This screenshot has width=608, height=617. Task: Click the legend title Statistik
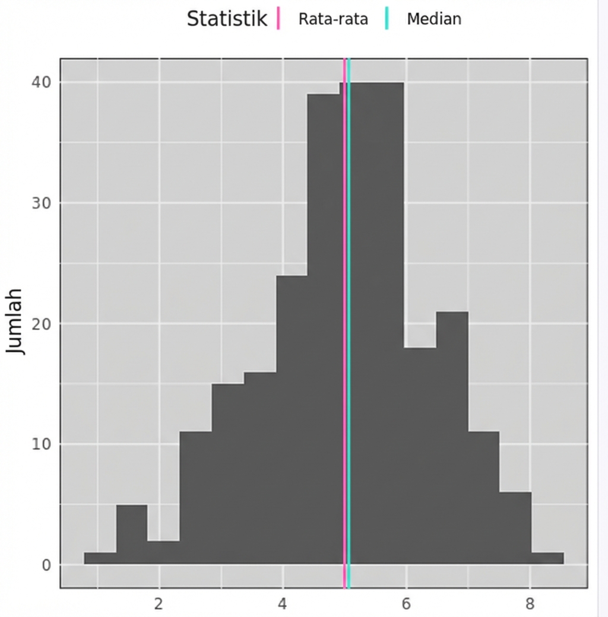(227, 19)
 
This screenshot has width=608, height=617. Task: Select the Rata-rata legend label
(333, 19)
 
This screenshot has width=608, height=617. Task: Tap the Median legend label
(433, 19)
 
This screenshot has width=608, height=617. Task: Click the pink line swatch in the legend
(278, 18)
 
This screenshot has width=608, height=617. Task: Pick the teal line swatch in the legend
(386, 18)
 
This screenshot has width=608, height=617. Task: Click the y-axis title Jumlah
(16, 321)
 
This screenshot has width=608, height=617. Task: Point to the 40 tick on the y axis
(41, 82)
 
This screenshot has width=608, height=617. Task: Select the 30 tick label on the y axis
(41, 203)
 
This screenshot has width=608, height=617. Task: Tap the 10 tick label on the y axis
(41, 444)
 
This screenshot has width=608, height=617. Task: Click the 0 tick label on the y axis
(46, 565)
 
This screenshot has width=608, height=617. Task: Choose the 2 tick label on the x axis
(159, 604)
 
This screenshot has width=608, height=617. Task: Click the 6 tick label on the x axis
(406, 604)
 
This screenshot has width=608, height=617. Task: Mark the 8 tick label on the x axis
(530, 604)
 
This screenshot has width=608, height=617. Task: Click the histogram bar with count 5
(131, 534)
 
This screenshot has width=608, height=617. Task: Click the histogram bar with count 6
(515, 528)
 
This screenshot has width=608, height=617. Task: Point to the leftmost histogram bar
(100, 558)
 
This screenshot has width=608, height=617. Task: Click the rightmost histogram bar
(547, 558)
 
